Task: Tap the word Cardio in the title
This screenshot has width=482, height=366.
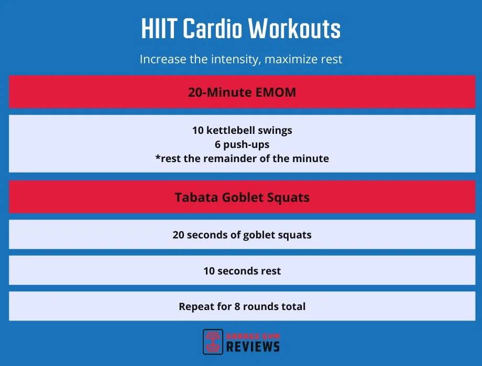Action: click(x=213, y=30)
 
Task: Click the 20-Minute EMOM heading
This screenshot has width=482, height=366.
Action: click(x=242, y=93)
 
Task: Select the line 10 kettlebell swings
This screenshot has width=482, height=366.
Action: click(x=242, y=130)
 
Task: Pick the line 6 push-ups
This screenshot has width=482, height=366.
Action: click(x=242, y=144)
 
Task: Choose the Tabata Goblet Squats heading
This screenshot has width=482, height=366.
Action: click(x=242, y=198)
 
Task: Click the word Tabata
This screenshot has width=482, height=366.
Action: click(x=195, y=198)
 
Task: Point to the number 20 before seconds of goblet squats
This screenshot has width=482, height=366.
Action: click(x=179, y=235)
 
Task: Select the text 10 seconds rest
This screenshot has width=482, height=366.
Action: click(x=242, y=271)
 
